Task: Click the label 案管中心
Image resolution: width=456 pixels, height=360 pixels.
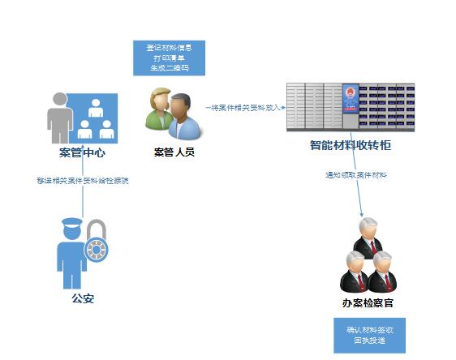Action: coord(82,152)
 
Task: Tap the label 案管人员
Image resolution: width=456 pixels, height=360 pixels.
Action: coord(174,152)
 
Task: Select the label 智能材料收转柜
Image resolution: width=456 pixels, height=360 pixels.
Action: coord(351,147)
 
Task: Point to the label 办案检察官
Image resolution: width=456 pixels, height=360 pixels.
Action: coord(368,303)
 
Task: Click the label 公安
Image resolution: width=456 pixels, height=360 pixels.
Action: coord(83,298)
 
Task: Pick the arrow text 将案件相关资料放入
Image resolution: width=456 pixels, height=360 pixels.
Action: coord(243,106)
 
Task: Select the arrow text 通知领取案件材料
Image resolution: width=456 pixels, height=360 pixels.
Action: coord(355,175)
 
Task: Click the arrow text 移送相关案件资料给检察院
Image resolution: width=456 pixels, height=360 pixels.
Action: coord(83,180)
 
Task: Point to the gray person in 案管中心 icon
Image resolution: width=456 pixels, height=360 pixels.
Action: coord(58,115)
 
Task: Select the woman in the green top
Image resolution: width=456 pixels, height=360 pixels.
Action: coord(158,111)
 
